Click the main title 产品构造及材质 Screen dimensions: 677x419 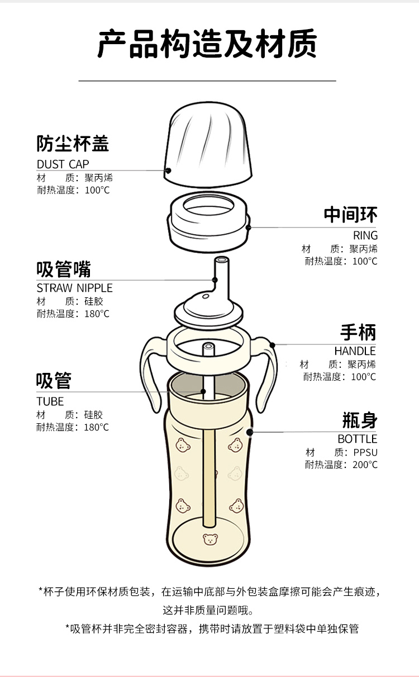coord(207,45)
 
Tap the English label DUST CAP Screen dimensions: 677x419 coord(63,164)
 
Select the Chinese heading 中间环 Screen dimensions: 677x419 coord(350,215)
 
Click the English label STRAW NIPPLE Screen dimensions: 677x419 coord(74,288)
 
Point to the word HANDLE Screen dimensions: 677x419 coord(355,351)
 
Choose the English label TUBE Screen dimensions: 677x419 coord(50,401)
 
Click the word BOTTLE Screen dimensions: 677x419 coord(357,439)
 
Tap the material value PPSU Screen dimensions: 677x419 coord(365,452)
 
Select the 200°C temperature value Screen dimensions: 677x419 coord(365,465)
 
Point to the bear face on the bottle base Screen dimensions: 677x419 coord(209,540)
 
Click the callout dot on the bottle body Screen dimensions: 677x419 coord(250,432)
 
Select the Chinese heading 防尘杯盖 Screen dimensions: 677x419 coord(73,144)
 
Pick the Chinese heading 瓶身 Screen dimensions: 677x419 coord(359,420)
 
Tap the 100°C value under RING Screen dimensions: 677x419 coord(365,261)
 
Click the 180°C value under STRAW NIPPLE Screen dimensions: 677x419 coord(97,314)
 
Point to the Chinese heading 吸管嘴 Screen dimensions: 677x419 coord(64,269)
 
